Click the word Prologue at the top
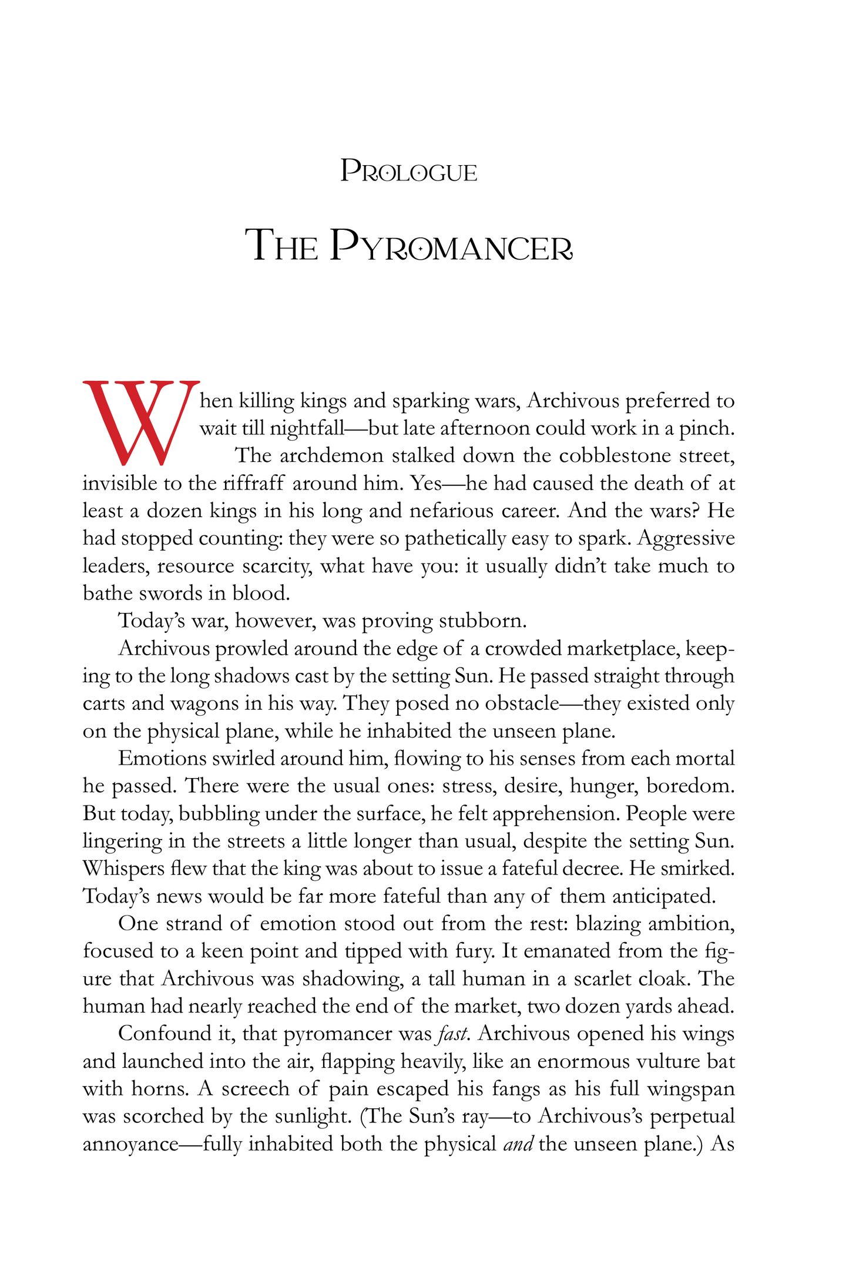pos(408,172)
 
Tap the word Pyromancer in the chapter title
pos(451,245)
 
